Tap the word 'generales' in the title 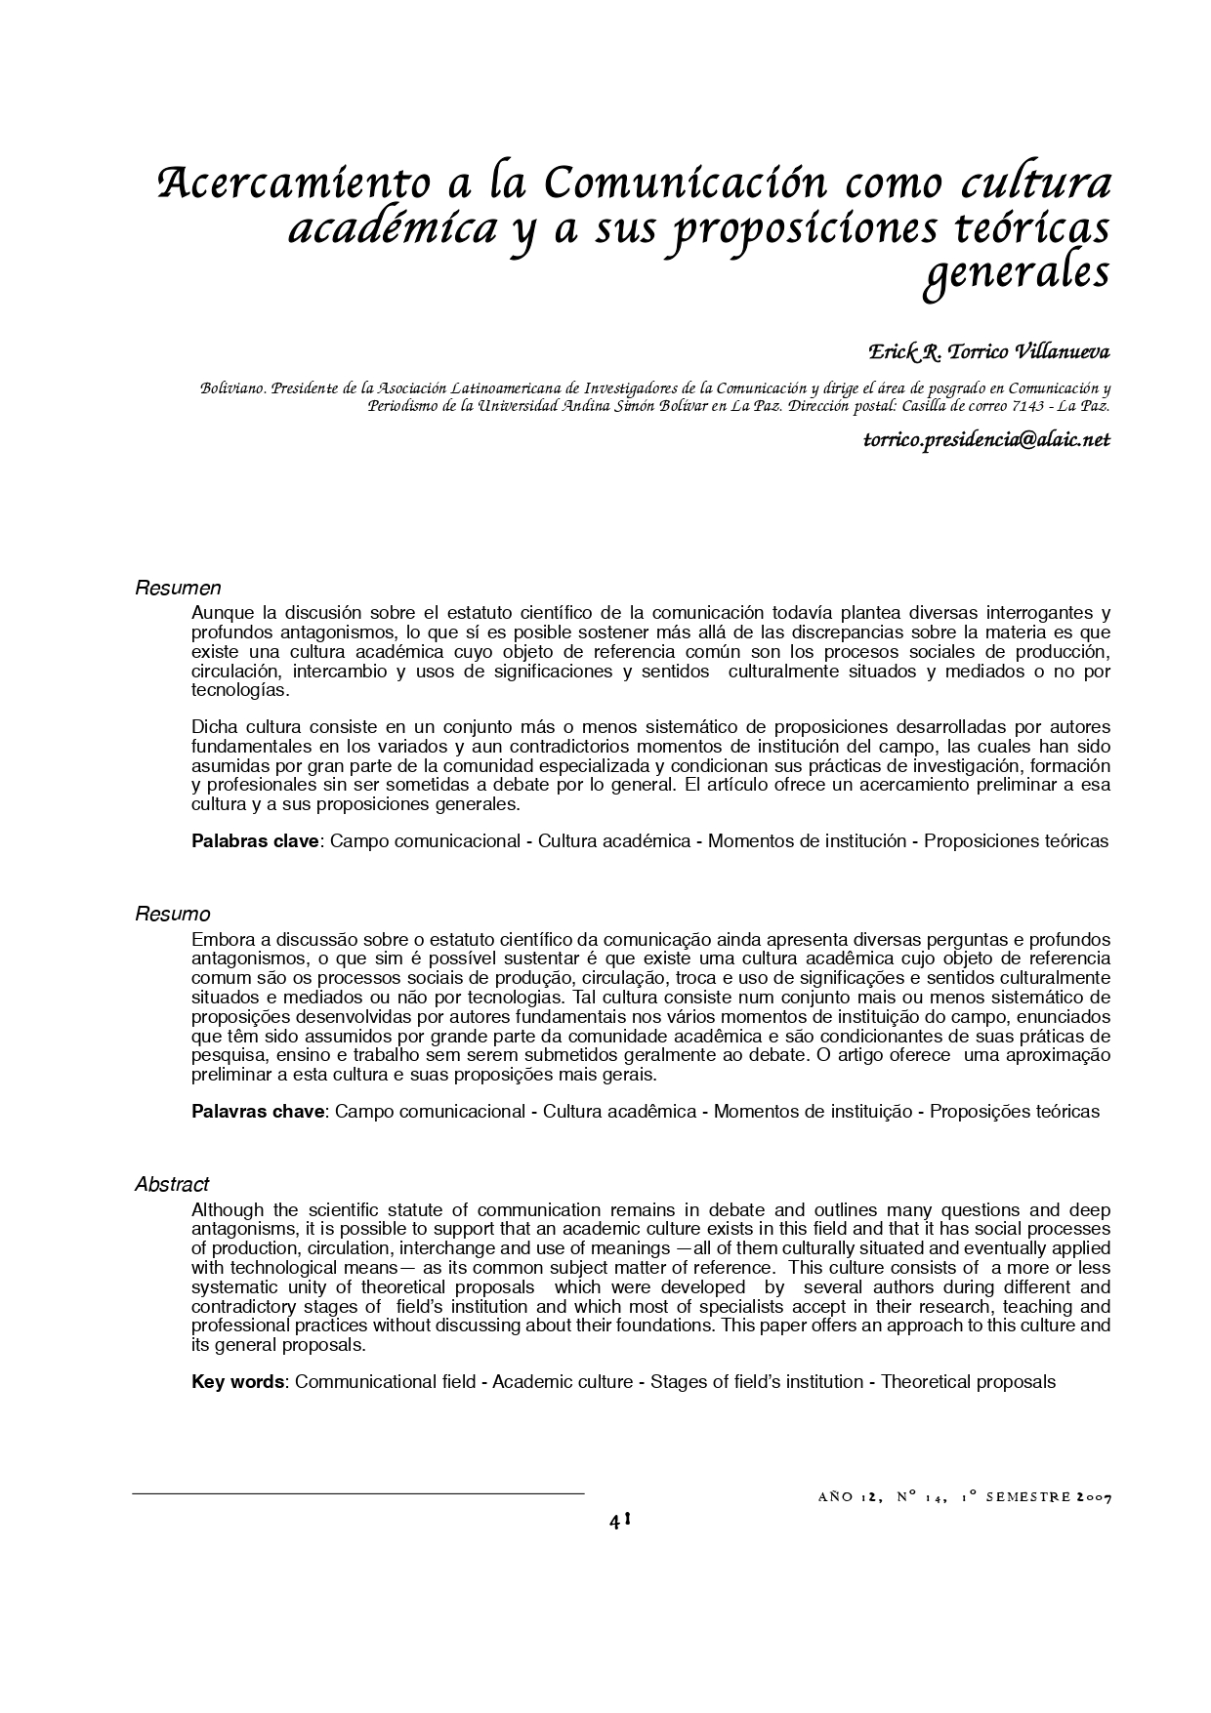1016,273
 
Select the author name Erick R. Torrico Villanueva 989,349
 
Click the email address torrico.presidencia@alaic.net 986,439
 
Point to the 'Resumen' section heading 178,588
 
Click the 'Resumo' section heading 172,915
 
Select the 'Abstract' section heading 172,1184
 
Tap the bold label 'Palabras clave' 255,840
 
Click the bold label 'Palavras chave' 257,1111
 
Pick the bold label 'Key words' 237,1381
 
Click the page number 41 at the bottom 619,1520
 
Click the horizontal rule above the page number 357,1493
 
